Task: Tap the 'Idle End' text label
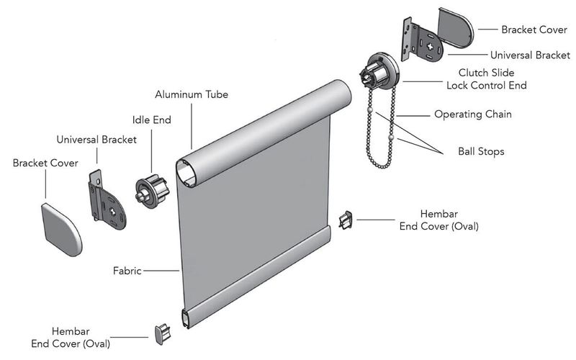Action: click(x=151, y=120)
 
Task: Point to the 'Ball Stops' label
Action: click(x=481, y=152)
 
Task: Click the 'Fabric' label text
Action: click(x=127, y=271)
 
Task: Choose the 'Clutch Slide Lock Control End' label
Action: click(x=492, y=79)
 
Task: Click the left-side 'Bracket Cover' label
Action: click(x=45, y=163)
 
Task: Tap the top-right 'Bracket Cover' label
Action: click(x=533, y=30)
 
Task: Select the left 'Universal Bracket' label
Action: click(x=96, y=140)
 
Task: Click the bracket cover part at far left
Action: click(x=61, y=228)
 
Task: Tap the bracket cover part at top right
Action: click(x=455, y=29)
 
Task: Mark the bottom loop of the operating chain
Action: click(x=381, y=163)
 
